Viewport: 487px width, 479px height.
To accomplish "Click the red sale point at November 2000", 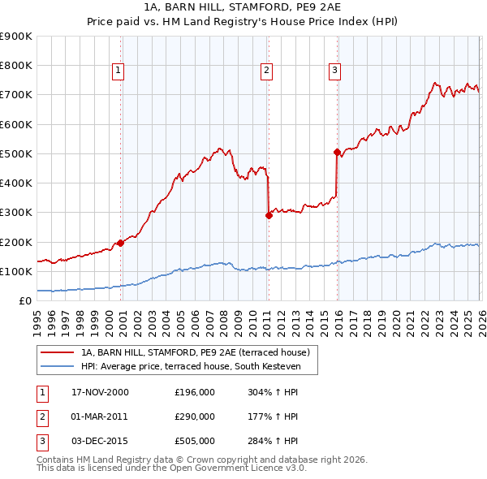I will pos(121,242).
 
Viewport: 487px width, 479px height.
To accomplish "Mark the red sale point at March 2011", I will pos(269,215).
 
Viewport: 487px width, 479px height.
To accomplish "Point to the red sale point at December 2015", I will pos(337,152).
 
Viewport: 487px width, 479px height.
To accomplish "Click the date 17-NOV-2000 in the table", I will pos(100,392).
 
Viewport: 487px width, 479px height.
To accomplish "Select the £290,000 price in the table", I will pos(195,416).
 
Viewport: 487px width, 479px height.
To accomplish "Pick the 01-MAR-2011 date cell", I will pos(100,416).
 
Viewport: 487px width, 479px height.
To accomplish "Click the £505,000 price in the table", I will pos(195,441).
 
